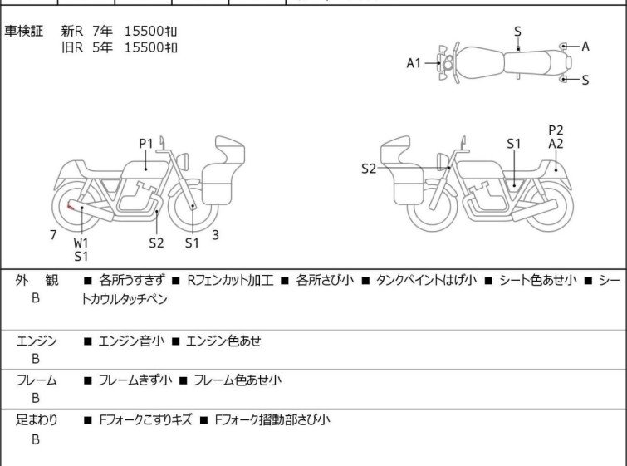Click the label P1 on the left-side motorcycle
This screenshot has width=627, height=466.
coord(146,143)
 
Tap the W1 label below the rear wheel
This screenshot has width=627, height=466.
coord(81,243)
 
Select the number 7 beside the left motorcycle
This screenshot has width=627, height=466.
coord(53,235)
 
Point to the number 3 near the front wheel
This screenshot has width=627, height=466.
coord(215,235)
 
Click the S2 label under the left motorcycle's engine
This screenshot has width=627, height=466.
coord(156,243)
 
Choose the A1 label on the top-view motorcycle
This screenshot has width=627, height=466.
coord(414,62)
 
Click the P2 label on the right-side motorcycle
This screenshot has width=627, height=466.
coord(556,130)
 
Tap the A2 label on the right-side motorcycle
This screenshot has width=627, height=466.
coord(556,144)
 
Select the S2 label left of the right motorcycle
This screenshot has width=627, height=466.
coord(370,169)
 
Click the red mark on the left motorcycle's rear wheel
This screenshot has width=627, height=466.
coord(70,206)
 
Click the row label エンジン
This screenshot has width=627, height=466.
coord(37,341)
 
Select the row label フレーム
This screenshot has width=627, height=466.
coord(37,380)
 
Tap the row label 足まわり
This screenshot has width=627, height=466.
coord(37,420)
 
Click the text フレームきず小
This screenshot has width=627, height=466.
coord(135,380)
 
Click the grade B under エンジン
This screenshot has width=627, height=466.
coord(36,359)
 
